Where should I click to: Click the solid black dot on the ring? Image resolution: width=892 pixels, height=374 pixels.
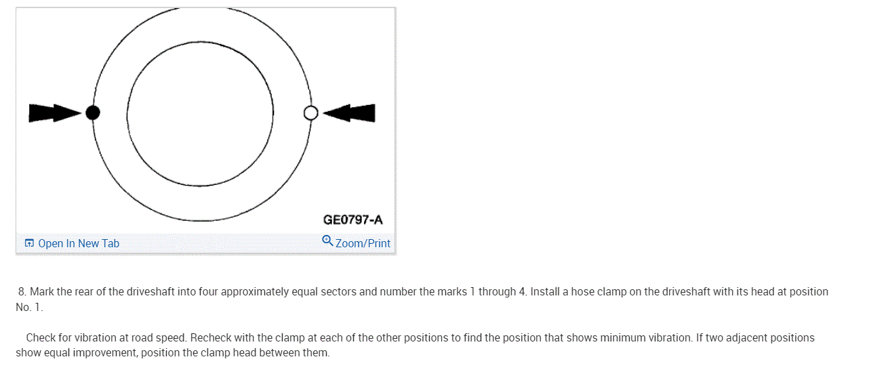pyautogui.click(x=93, y=112)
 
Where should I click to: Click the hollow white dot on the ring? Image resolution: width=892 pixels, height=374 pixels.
pyautogui.click(x=310, y=112)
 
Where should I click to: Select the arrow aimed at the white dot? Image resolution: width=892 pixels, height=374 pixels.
pyautogui.click(x=350, y=112)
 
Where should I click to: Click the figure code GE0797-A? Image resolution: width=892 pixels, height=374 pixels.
pyautogui.click(x=352, y=220)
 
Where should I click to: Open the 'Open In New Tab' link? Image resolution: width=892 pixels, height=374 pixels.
pyautogui.click(x=79, y=243)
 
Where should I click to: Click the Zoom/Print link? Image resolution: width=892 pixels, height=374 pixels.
pyautogui.click(x=363, y=243)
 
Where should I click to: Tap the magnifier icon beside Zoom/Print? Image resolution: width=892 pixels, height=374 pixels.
pyautogui.click(x=327, y=241)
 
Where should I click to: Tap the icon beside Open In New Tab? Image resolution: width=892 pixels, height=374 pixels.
pyautogui.click(x=29, y=243)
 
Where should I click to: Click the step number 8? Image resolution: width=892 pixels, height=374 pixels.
pyautogui.click(x=22, y=292)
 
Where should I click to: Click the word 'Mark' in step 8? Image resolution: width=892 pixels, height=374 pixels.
pyautogui.click(x=42, y=292)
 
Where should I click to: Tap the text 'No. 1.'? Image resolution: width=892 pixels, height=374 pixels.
pyautogui.click(x=29, y=308)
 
